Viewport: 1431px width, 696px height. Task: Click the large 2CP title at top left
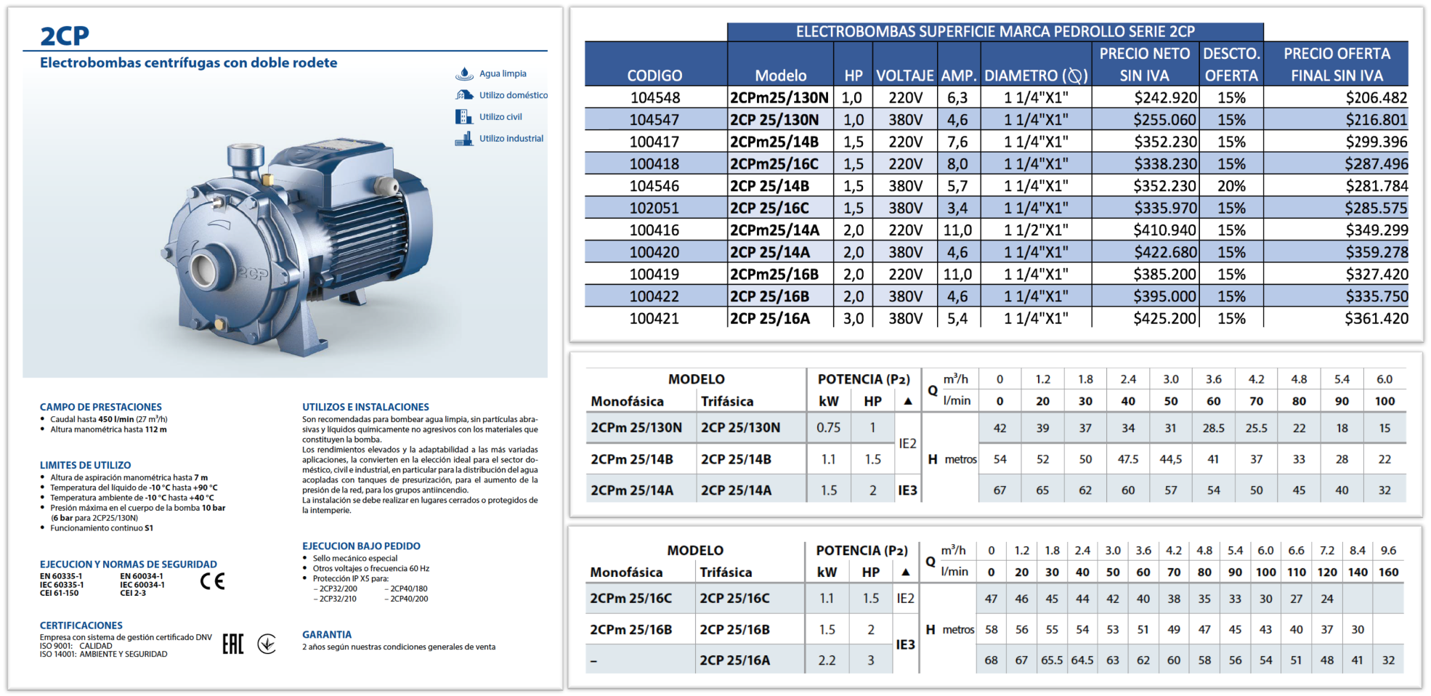point(65,36)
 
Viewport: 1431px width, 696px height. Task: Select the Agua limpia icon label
point(502,73)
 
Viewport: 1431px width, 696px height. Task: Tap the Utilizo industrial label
point(511,138)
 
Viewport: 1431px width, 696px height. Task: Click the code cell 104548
point(654,97)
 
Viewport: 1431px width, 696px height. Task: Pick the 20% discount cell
point(1231,186)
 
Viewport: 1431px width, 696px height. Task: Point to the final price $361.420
point(1376,318)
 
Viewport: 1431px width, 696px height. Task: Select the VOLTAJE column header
point(904,76)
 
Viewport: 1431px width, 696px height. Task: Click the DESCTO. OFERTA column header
point(1231,65)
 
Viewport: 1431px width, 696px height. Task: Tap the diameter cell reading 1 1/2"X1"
point(1036,230)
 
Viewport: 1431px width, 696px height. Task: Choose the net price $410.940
point(1165,230)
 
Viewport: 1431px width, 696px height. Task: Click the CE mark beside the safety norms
point(212,581)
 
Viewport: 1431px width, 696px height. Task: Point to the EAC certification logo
point(232,644)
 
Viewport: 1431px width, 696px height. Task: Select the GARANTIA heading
point(327,634)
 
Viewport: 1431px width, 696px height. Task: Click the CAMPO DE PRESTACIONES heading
point(100,407)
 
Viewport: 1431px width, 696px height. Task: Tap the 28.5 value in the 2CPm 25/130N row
point(1213,428)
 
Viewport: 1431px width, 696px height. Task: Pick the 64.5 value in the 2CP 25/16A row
point(1082,660)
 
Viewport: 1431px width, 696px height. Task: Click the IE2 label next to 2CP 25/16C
point(905,598)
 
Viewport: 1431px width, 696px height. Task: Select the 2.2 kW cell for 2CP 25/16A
point(827,660)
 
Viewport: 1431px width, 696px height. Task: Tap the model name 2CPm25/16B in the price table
point(774,275)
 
